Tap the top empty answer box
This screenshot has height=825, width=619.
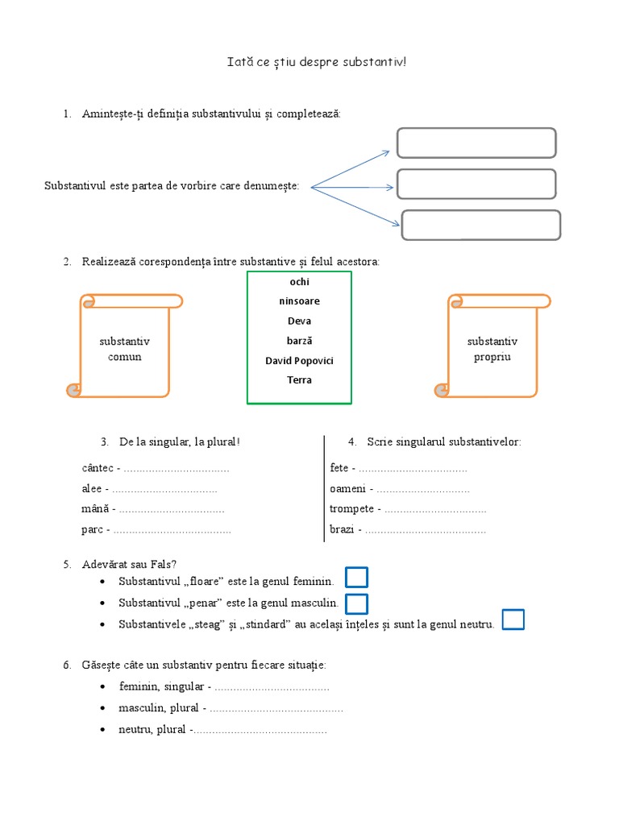[x=476, y=143]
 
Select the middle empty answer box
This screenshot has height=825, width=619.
[x=476, y=184]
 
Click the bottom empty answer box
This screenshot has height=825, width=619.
[x=481, y=225]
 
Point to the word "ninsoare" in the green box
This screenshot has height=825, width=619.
[x=299, y=301]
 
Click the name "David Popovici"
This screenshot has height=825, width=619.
[x=299, y=360]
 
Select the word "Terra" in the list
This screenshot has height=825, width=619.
[x=299, y=379]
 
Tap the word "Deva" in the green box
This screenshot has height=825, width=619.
[x=299, y=321]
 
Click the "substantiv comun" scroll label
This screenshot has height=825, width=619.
[x=124, y=349]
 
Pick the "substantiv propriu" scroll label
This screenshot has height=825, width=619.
[x=492, y=349]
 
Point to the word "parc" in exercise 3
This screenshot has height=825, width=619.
[x=92, y=529]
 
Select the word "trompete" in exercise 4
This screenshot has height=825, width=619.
[x=351, y=508]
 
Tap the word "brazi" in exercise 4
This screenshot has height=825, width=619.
[x=343, y=529]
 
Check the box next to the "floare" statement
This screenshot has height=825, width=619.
[x=356, y=578]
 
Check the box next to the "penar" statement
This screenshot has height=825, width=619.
[x=356, y=603]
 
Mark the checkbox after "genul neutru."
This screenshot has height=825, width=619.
[x=513, y=620]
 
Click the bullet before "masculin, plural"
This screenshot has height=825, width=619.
[x=103, y=707]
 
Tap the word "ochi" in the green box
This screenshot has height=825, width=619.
[x=299, y=282]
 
